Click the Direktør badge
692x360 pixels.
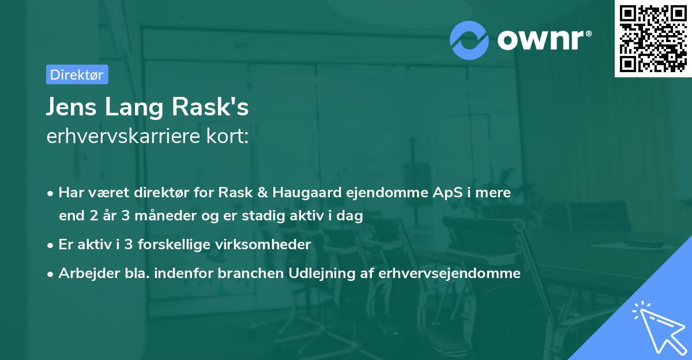[77, 74]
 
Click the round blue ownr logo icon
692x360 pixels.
[469, 40]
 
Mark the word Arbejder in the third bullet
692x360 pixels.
[83, 273]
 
